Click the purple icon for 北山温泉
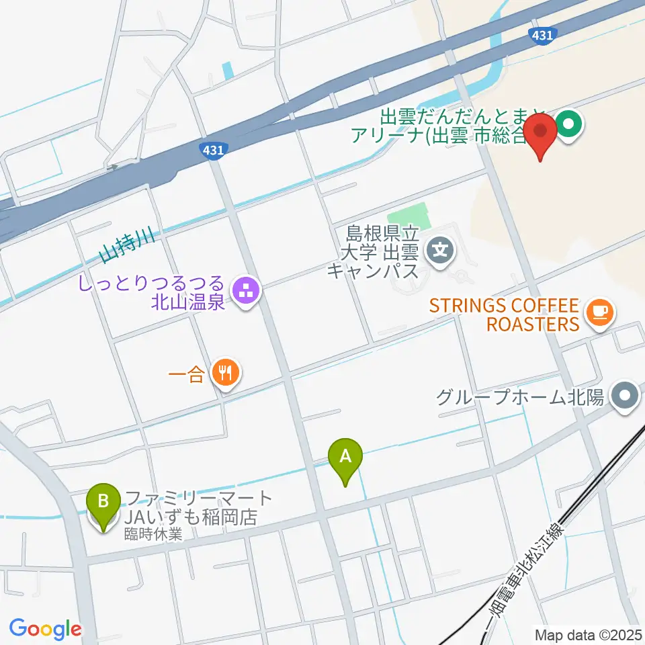[x=245, y=291]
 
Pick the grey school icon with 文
[x=441, y=253]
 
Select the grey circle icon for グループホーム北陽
[x=626, y=396]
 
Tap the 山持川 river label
[x=128, y=247]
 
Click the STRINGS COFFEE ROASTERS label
[x=504, y=315]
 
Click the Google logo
[x=45, y=630]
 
